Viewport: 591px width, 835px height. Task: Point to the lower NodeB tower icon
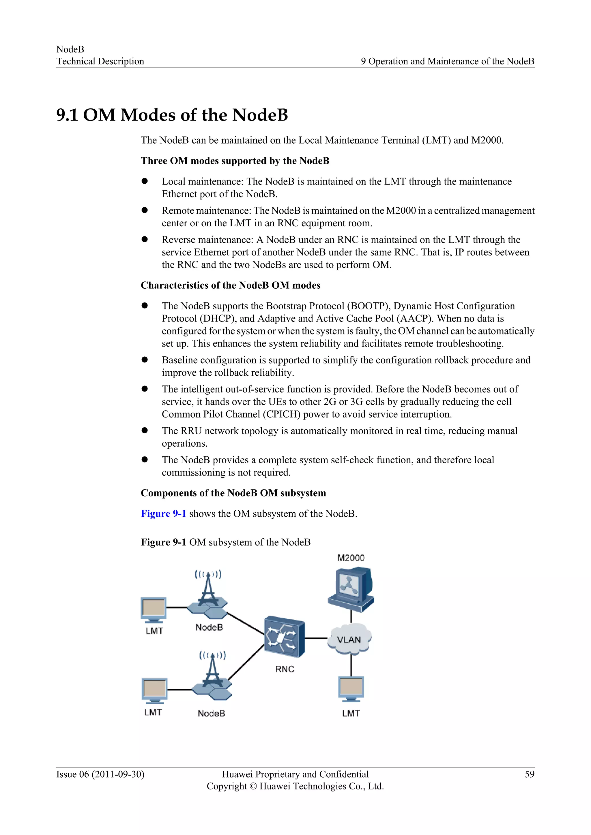click(212, 677)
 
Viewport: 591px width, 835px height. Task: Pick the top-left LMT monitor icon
click(154, 609)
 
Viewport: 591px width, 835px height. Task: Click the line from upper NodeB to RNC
click(246, 623)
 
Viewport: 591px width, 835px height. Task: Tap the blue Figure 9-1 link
click(163, 514)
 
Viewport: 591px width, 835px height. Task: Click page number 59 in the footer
click(530, 774)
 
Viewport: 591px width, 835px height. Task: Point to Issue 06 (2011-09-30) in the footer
click(100, 774)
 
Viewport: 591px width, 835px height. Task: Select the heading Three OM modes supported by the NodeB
click(235, 161)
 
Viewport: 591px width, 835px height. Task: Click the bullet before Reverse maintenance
click(145, 239)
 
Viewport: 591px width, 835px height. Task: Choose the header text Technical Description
click(100, 61)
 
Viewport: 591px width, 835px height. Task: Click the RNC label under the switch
click(285, 669)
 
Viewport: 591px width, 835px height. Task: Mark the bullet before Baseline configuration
click(145, 360)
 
